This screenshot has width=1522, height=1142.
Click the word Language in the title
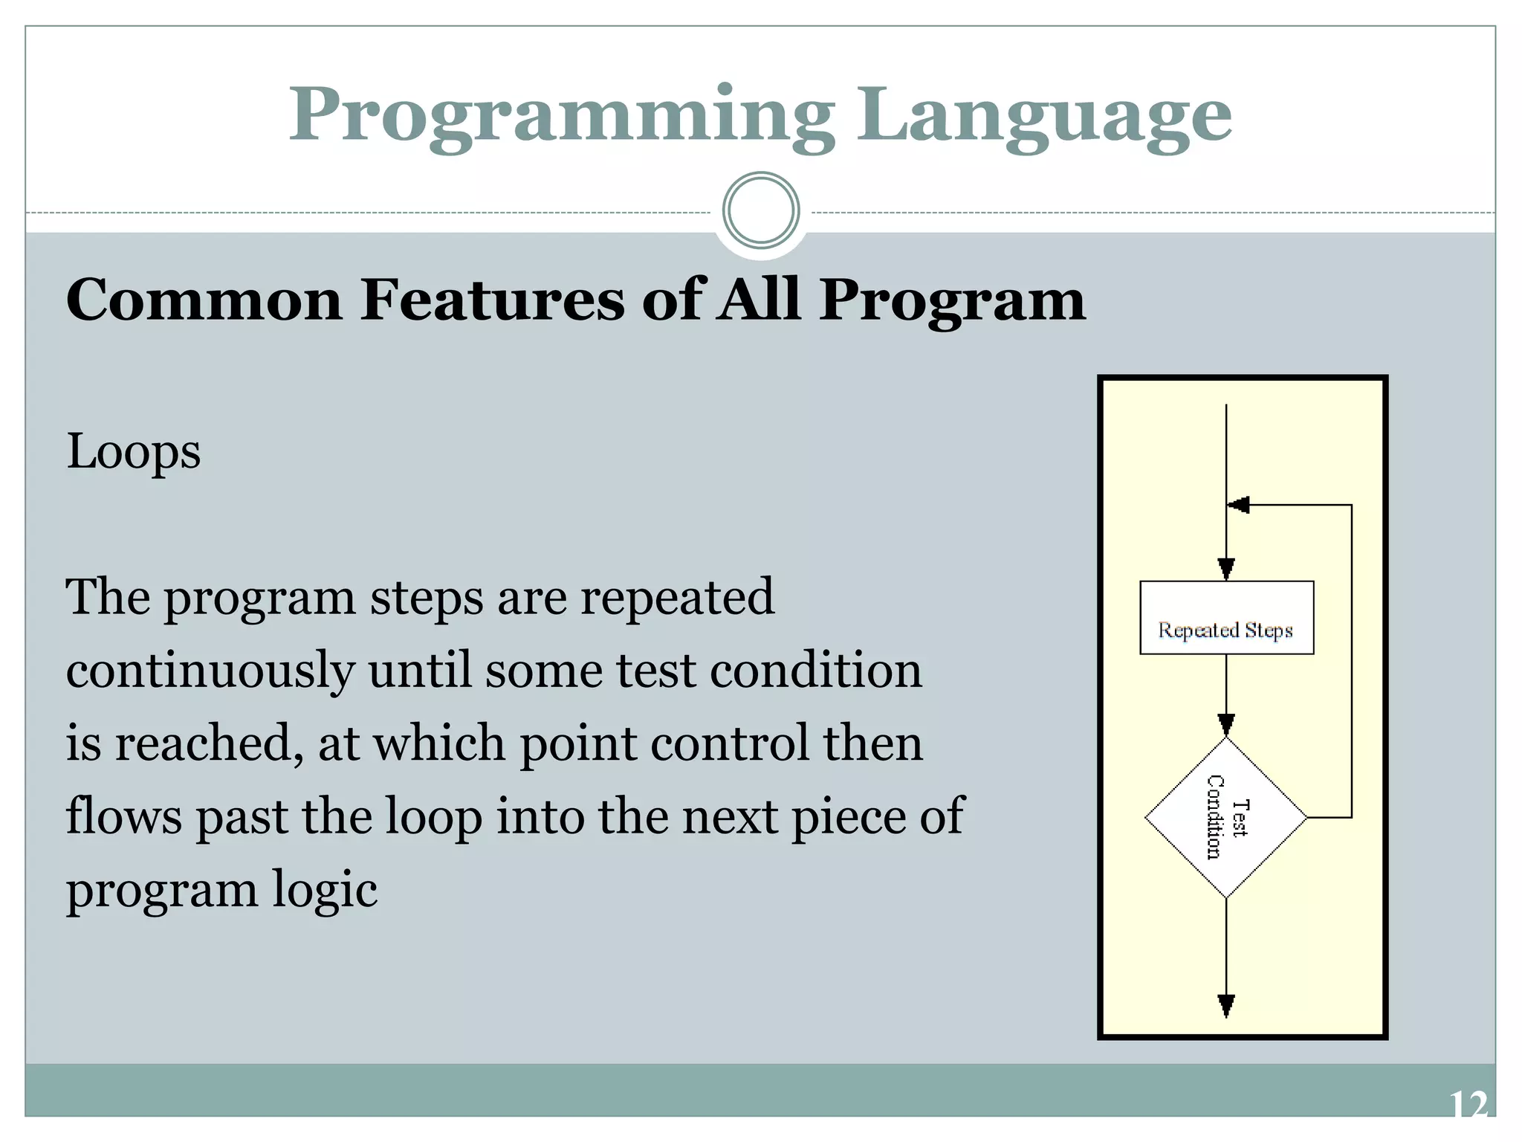(x=1044, y=115)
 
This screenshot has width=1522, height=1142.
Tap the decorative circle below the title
(x=760, y=210)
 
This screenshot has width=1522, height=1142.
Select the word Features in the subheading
(x=492, y=300)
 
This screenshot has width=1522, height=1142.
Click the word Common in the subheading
(x=204, y=300)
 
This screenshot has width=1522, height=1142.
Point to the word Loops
(x=134, y=451)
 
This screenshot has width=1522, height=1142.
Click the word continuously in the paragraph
(x=210, y=671)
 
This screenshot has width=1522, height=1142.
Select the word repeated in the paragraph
(x=677, y=597)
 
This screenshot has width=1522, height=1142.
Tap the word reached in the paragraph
(x=209, y=743)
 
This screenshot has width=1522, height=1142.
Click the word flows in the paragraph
(x=123, y=816)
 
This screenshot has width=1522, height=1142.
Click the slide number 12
(x=1468, y=1105)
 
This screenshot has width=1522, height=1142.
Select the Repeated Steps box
(x=1226, y=617)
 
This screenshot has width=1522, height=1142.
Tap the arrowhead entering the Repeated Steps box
(x=1226, y=570)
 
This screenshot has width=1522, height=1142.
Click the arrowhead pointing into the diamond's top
(x=1226, y=725)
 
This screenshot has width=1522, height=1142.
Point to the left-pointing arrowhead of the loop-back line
(x=1238, y=506)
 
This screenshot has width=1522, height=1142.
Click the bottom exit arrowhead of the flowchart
(x=1226, y=1005)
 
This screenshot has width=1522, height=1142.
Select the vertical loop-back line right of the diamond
(x=1351, y=662)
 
